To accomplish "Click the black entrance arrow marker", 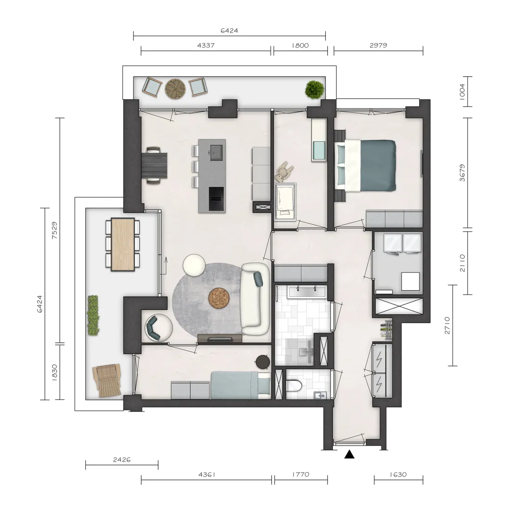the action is click(x=349, y=454).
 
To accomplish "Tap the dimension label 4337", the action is click(x=206, y=45).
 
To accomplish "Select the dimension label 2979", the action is click(x=378, y=45).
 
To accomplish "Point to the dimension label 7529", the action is click(x=55, y=230).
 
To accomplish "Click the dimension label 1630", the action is click(x=398, y=474).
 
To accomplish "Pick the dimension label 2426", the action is click(x=122, y=460).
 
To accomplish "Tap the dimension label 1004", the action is click(x=462, y=91).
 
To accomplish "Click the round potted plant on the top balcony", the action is click(x=315, y=89).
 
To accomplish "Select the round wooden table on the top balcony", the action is click(x=175, y=89).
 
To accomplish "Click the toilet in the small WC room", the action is click(x=294, y=386).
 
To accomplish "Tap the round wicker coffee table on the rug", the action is click(x=219, y=298).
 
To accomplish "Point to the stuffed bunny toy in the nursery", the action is click(x=284, y=172).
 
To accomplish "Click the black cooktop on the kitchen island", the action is click(x=216, y=199).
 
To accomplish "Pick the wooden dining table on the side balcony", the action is click(x=123, y=244).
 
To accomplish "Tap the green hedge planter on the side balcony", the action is click(x=93, y=315).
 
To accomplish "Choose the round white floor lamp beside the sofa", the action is click(x=194, y=265).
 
